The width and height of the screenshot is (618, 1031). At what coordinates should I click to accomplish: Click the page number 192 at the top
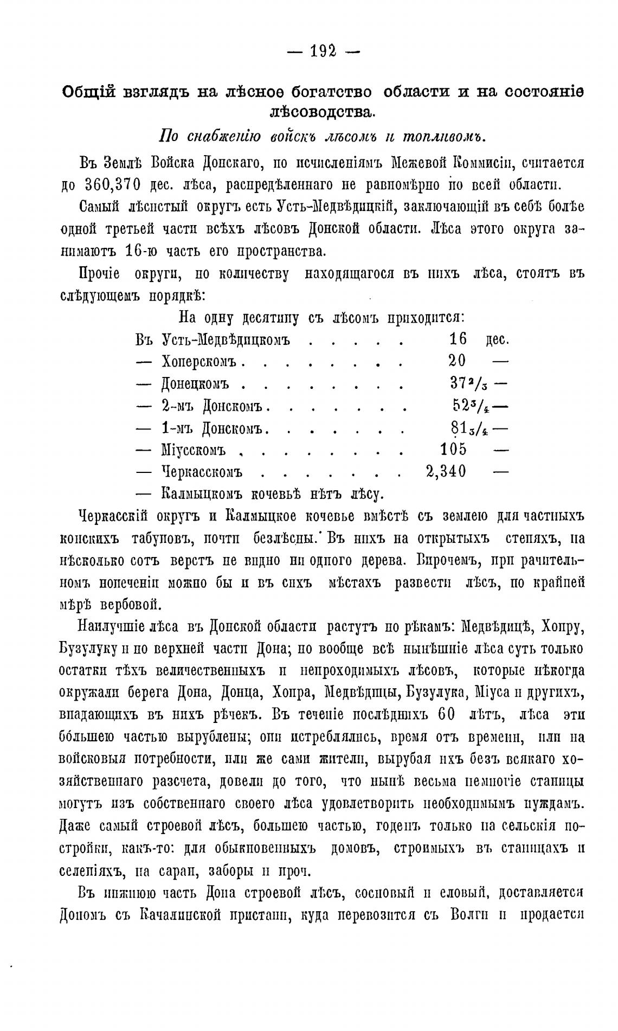[323, 51]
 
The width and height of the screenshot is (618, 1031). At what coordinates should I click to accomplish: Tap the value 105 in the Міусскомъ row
[453, 449]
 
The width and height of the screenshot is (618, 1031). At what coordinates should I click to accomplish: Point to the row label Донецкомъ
[195, 383]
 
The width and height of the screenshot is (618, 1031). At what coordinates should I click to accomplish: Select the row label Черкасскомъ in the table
[202, 471]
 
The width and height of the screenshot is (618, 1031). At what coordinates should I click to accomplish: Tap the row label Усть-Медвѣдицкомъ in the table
[226, 340]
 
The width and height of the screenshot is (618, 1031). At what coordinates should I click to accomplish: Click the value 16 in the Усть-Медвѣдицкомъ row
[458, 339]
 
